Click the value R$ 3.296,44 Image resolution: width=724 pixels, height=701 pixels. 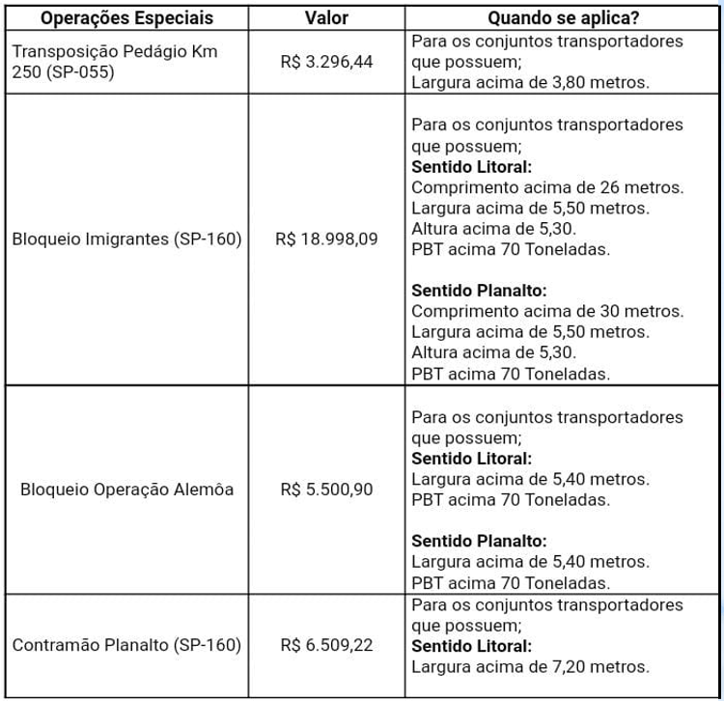(326, 62)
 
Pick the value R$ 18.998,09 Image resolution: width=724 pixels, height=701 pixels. (326, 238)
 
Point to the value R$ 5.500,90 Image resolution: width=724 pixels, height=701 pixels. (326, 489)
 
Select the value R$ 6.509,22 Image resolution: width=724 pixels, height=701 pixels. (326, 644)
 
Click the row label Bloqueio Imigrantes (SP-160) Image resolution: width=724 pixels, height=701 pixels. (127, 238)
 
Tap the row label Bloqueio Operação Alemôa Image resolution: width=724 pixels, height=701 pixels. (127, 489)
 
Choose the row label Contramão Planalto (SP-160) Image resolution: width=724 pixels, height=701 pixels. (126, 644)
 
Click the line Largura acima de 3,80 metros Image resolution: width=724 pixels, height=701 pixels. (530, 81)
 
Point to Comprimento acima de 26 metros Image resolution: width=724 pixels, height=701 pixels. (547, 186)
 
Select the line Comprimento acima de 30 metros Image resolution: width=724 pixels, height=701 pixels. (547, 311)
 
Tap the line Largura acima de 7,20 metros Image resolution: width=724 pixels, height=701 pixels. (530, 665)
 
